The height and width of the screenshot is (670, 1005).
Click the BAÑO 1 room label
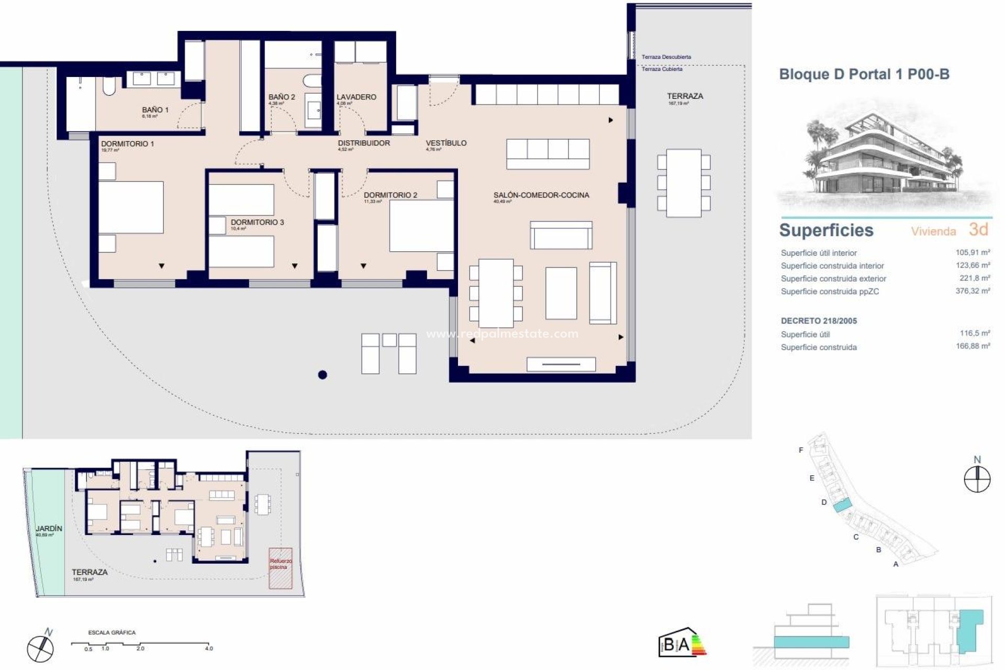click(155, 110)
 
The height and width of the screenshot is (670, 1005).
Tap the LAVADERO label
click(356, 97)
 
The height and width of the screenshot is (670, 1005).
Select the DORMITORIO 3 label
click(257, 222)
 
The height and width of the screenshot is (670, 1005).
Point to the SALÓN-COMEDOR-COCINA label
click(541, 195)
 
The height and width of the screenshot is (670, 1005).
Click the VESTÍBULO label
click(446, 143)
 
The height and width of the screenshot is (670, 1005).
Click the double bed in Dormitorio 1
click(131, 207)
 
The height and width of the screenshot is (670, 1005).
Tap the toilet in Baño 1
click(109, 86)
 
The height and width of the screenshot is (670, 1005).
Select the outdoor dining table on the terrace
click(684, 183)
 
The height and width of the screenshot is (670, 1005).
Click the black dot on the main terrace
click(322, 374)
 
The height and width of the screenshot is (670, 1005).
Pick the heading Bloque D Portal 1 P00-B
click(864, 74)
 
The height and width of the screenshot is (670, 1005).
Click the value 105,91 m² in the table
click(973, 252)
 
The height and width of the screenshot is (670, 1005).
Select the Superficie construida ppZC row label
click(830, 292)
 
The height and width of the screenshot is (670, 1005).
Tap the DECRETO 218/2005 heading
click(819, 321)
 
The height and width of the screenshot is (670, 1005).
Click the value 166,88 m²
click(973, 346)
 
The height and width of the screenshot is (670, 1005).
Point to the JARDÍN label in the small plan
click(49, 529)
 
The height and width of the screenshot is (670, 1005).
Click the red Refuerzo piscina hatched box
click(281, 568)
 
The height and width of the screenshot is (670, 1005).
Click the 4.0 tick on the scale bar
click(209, 648)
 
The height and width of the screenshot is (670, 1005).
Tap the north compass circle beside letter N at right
click(977, 479)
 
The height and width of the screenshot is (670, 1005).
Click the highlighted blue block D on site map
click(842, 506)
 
